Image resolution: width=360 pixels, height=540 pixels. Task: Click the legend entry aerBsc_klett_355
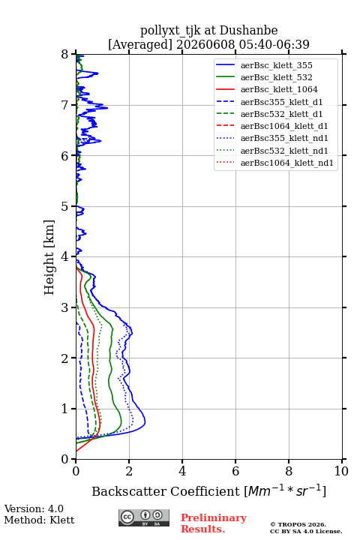276,65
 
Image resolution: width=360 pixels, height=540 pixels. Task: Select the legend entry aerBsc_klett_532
276,77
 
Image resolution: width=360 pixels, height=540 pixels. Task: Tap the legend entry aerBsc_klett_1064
279,89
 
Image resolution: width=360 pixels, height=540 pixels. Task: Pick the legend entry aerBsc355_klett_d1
281,102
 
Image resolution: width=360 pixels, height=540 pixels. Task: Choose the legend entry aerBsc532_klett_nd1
284,151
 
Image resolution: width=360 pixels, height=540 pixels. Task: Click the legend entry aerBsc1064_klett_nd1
287,163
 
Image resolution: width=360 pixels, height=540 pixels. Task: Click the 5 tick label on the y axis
65,206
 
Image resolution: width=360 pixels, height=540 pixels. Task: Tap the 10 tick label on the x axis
341,471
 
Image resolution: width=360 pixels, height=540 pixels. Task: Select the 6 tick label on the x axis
235,471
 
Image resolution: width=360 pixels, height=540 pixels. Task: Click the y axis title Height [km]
49,257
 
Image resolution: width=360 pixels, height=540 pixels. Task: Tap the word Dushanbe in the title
248,31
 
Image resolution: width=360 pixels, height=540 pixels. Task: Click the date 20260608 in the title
205,44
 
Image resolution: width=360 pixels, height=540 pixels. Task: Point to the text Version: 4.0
34,508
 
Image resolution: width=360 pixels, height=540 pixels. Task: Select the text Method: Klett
39,520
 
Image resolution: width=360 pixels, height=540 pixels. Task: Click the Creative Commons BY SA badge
144,517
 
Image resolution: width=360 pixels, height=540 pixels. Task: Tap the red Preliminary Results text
214,523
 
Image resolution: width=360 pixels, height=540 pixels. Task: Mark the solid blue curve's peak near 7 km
107,108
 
